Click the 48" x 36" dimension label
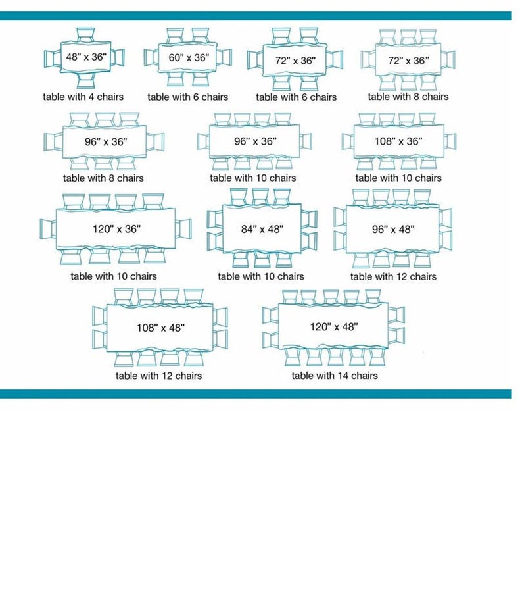pos(86,57)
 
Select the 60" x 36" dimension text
pos(189,58)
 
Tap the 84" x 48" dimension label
pos(262,229)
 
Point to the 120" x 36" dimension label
pos(116,229)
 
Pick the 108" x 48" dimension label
pos(160,328)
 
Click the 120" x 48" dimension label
pos(334,327)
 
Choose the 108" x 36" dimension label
pos(398,141)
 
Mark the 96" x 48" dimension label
pos(393,230)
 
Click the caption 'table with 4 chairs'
pos(83,97)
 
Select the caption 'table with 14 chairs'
pos(335,376)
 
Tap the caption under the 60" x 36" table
pos(187,97)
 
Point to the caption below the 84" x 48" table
pos(261,276)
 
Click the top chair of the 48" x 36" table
pos(85,36)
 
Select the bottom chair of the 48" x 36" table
pos(85,80)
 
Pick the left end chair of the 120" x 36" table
pos(49,229)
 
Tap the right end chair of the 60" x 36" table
pos(224,58)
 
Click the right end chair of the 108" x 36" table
pos(450,141)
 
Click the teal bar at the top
pos(256,16)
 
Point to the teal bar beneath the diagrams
pos(256,394)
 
